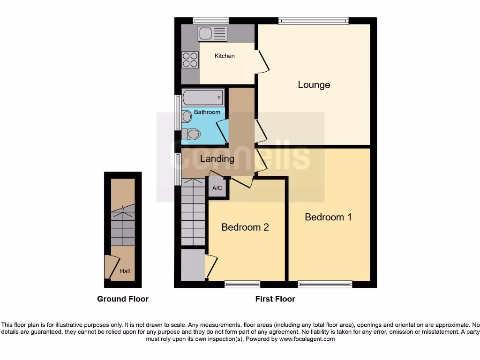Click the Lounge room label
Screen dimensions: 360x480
(314, 85)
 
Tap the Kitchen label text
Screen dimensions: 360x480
(225, 56)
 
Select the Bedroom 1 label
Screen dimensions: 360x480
(328, 217)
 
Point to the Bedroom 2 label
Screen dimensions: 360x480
(245, 227)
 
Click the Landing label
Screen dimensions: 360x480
(217, 159)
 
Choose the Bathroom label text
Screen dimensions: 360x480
(207, 112)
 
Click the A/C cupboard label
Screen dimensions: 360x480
(217, 188)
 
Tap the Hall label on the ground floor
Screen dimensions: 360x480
(125, 271)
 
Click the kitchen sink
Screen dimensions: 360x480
(212, 34)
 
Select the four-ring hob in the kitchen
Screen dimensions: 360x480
(190, 60)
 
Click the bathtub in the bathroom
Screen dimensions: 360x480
(202, 98)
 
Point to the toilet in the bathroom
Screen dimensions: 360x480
(191, 134)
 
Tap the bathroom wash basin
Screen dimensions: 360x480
(187, 116)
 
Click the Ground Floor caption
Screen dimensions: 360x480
(123, 299)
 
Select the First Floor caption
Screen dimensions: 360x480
(275, 299)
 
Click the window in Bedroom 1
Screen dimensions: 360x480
(325, 284)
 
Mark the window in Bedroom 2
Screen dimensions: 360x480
(242, 284)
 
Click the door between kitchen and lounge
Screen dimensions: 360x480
(262, 60)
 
